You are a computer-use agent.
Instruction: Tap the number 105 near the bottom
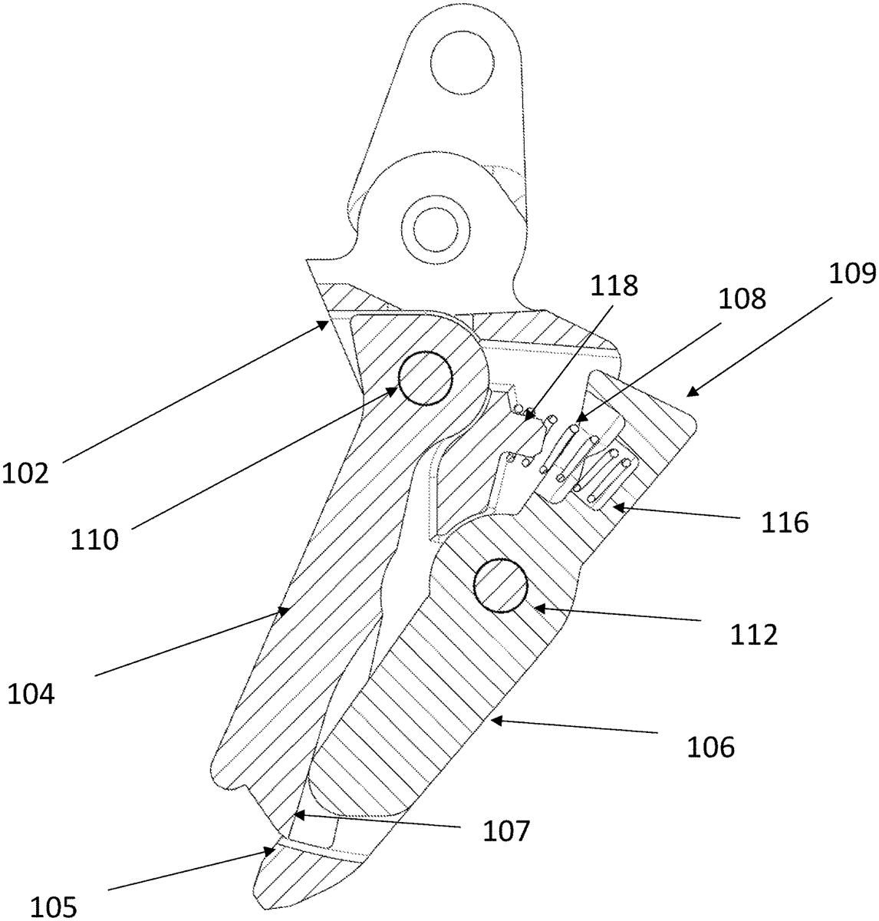click(x=54, y=907)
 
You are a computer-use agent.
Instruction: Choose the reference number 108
click(x=742, y=298)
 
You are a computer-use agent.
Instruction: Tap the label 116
click(x=785, y=523)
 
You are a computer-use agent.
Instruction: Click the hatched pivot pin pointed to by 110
click(x=424, y=378)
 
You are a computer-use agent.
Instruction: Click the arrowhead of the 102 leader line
click(x=328, y=324)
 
